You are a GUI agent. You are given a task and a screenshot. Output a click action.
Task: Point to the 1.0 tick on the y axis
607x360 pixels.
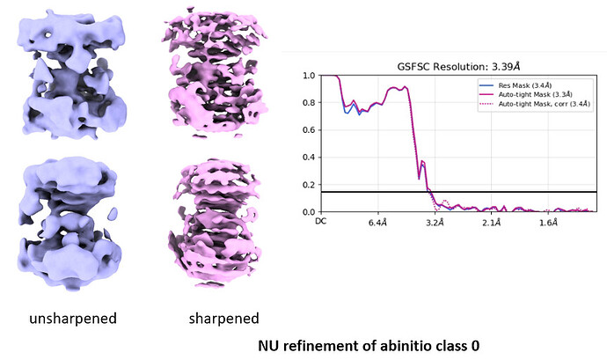(308, 76)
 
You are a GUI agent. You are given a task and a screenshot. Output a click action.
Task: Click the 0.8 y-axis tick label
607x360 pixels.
(308, 103)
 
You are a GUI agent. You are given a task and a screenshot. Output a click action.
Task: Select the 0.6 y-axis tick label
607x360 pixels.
(308, 130)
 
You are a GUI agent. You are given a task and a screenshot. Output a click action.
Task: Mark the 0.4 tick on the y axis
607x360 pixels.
(308, 158)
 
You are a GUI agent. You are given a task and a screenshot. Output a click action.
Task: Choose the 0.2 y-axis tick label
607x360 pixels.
(308, 185)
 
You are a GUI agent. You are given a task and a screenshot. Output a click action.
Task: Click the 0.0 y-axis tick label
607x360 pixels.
(308, 212)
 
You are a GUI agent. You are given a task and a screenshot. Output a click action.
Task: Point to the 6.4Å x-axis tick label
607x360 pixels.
(377, 224)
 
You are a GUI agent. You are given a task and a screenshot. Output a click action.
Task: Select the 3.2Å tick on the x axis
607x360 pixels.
(435, 224)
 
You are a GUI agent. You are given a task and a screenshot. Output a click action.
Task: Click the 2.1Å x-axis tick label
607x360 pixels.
(491, 224)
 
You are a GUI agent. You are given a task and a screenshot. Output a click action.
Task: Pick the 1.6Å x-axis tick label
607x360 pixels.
(548, 224)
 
